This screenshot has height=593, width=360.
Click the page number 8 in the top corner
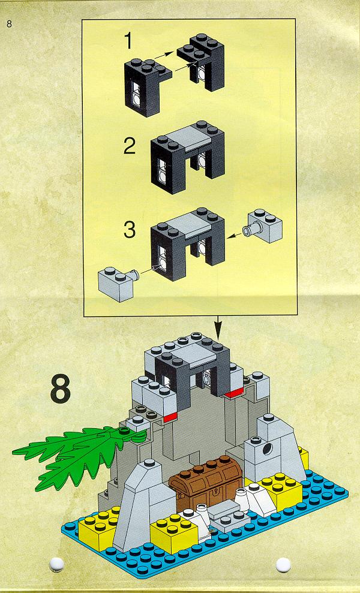click(x=9, y=24)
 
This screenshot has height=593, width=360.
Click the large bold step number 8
click(x=61, y=389)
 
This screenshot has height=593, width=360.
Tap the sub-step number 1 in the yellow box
click(x=129, y=41)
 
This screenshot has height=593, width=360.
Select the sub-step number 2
click(x=130, y=146)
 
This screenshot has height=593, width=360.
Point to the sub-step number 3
click(x=130, y=230)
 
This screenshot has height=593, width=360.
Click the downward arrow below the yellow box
click(x=217, y=328)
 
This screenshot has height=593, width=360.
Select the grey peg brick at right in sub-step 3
click(x=263, y=226)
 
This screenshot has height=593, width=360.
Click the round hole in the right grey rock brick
click(x=267, y=449)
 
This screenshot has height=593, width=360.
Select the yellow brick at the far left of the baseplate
click(x=97, y=529)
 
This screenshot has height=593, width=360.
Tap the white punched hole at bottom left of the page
click(x=56, y=564)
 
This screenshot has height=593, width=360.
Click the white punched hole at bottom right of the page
click(x=283, y=565)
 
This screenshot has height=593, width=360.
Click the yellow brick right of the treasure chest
click(x=278, y=491)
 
